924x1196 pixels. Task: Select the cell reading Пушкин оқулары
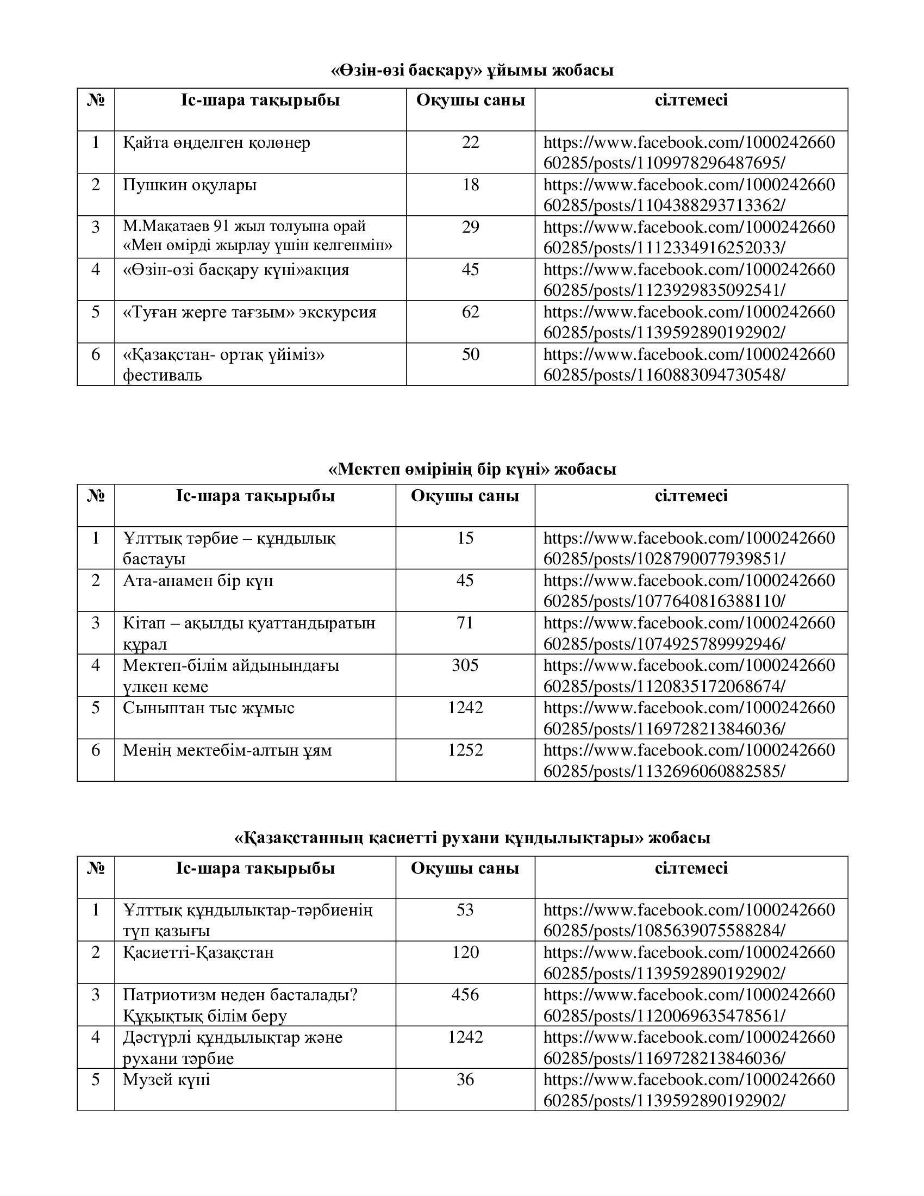(x=189, y=185)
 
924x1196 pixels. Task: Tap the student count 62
(x=470, y=312)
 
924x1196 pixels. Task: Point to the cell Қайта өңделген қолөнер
(x=216, y=143)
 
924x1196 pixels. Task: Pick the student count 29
(x=470, y=227)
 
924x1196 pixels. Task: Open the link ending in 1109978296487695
(x=689, y=153)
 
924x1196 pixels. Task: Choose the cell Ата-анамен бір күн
(x=198, y=581)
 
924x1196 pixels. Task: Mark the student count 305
(x=465, y=665)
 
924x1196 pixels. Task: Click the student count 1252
(x=465, y=750)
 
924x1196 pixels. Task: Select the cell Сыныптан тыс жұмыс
(x=209, y=708)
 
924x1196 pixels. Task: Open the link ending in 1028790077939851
(x=689, y=549)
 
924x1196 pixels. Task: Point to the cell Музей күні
(x=166, y=1080)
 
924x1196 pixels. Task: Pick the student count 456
(x=465, y=995)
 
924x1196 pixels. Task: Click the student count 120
(x=465, y=952)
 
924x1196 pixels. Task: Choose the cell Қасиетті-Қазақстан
(x=198, y=953)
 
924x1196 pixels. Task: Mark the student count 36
(x=465, y=1080)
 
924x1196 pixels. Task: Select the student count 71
(x=465, y=623)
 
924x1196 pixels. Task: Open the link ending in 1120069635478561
(x=689, y=1005)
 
